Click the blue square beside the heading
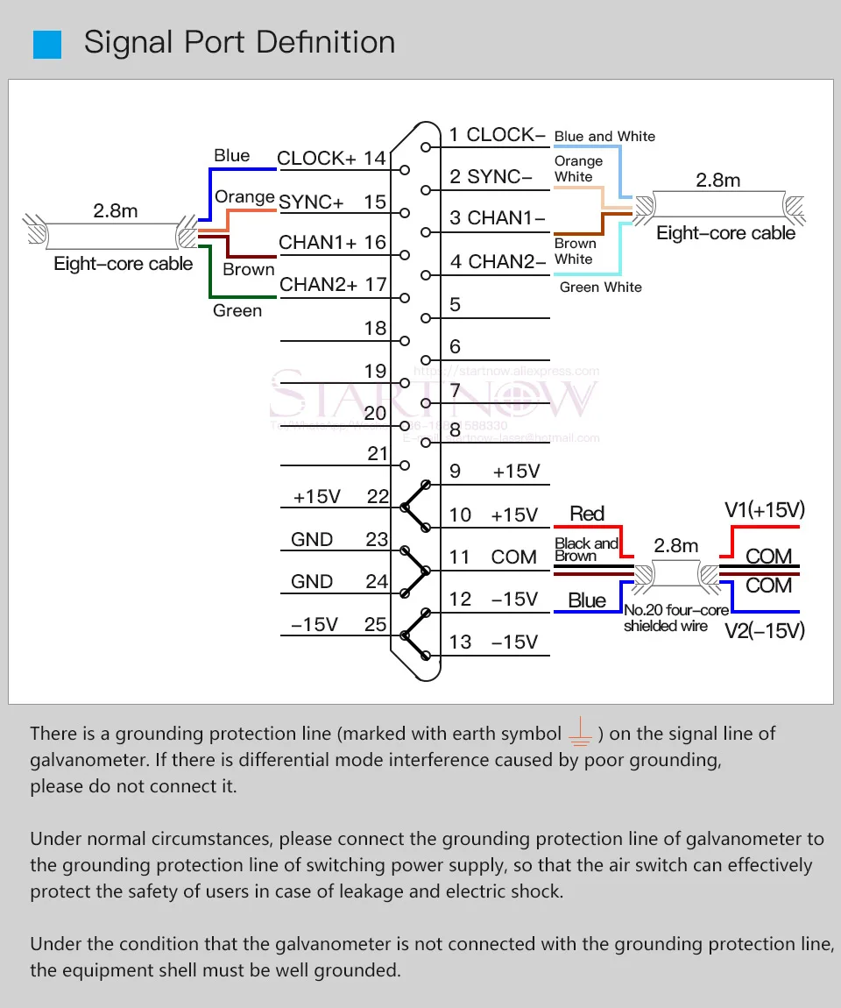(x=47, y=44)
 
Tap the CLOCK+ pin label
(x=316, y=159)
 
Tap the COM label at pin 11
(x=513, y=557)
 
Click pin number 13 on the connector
(x=460, y=642)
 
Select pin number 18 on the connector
(x=375, y=329)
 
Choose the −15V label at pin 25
(x=314, y=624)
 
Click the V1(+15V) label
(x=765, y=510)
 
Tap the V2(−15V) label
(x=765, y=630)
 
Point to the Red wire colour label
(x=587, y=514)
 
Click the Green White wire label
(x=601, y=287)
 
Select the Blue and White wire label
(x=604, y=137)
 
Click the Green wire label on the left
(x=237, y=310)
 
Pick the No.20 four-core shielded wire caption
(x=666, y=618)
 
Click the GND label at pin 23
(x=312, y=540)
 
